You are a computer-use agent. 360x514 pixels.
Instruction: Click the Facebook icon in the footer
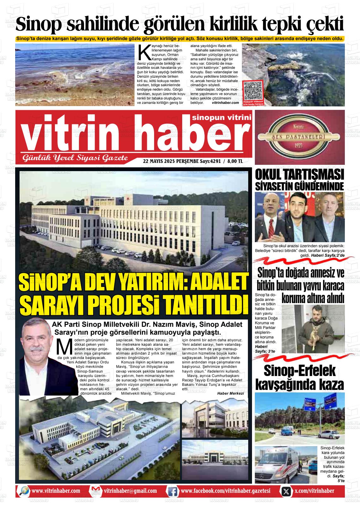[x=172, y=491]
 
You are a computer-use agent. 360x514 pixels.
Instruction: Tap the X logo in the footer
[x=286, y=491]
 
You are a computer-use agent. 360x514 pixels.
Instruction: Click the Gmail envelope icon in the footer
[x=95, y=491]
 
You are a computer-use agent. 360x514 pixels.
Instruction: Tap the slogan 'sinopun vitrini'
[x=222, y=118]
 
